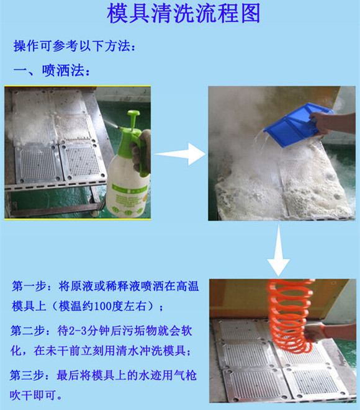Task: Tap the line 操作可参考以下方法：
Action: pos(74,47)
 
